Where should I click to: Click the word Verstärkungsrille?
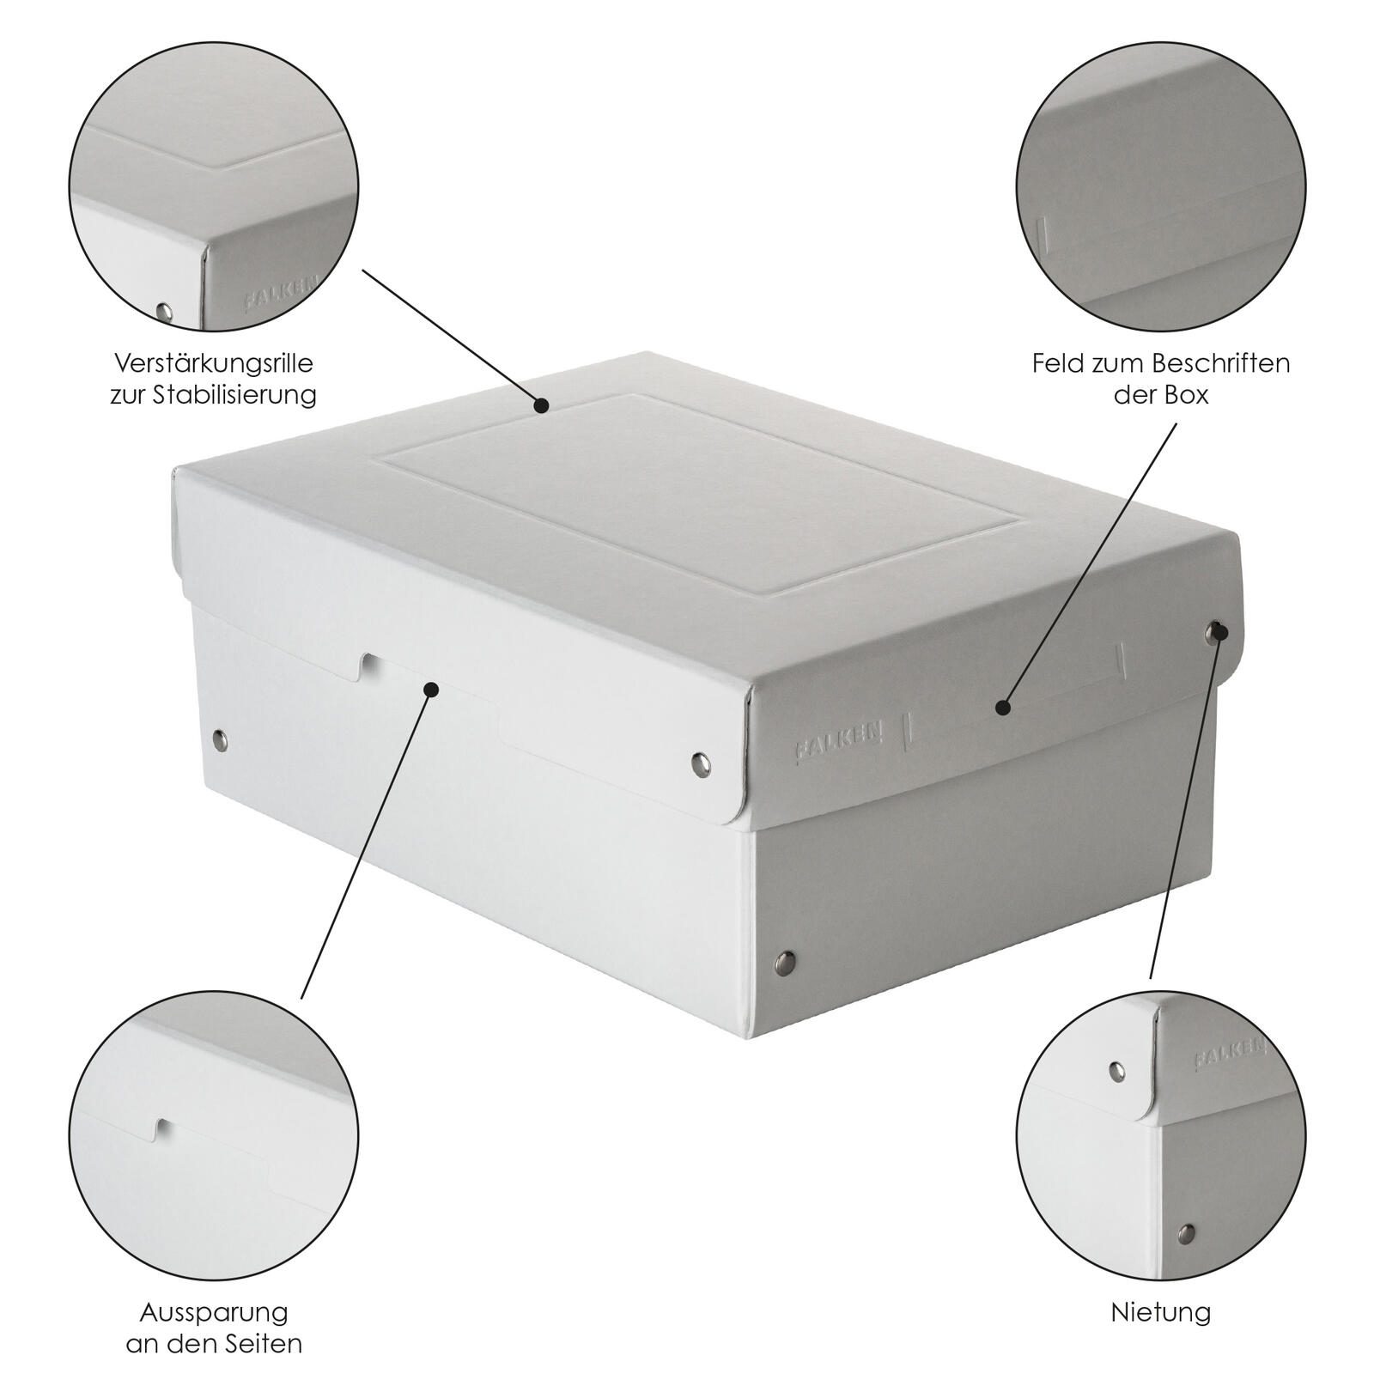click(x=214, y=362)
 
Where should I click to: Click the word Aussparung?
click(x=214, y=1312)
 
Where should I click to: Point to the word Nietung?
click(x=1161, y=1312)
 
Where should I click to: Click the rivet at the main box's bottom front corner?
click(x=785, y=958)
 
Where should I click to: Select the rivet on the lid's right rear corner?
click(x=1213, y=633)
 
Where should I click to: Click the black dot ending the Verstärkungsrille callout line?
click(x=541, y=405)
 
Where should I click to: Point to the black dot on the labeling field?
click(x=1001, y=707)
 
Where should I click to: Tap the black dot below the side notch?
click(x=432, y=689)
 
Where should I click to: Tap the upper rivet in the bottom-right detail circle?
click(x=1116, y=1070)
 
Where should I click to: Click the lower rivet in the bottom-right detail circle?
click(x=1186, y=1234)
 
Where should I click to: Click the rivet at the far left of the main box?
click(x=220, y=739)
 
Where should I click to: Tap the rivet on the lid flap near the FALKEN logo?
click(x=701, y=761)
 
